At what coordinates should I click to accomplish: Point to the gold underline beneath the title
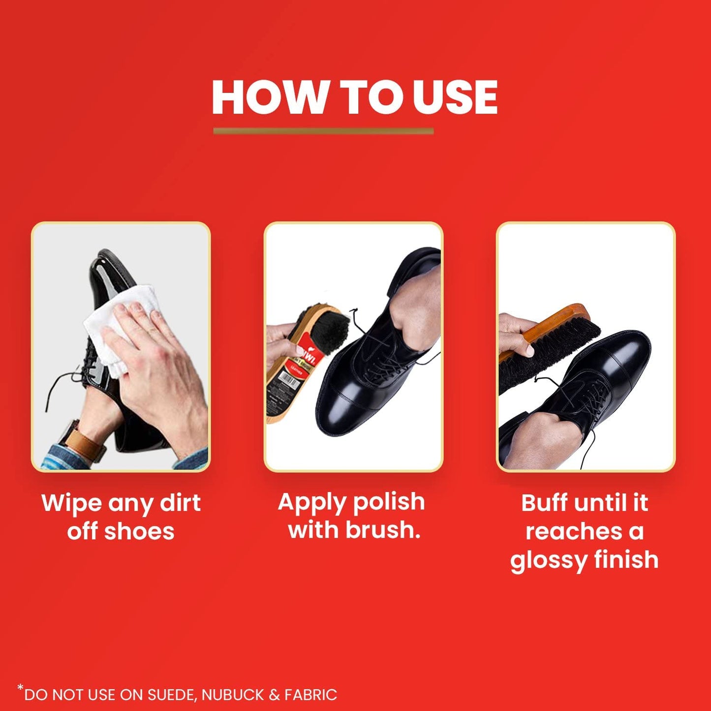coord(323,131)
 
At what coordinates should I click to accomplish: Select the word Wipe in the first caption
coord(71,503)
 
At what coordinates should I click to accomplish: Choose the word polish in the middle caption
coord(388,502)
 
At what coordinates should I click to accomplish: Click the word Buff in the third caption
coord(544,503)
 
